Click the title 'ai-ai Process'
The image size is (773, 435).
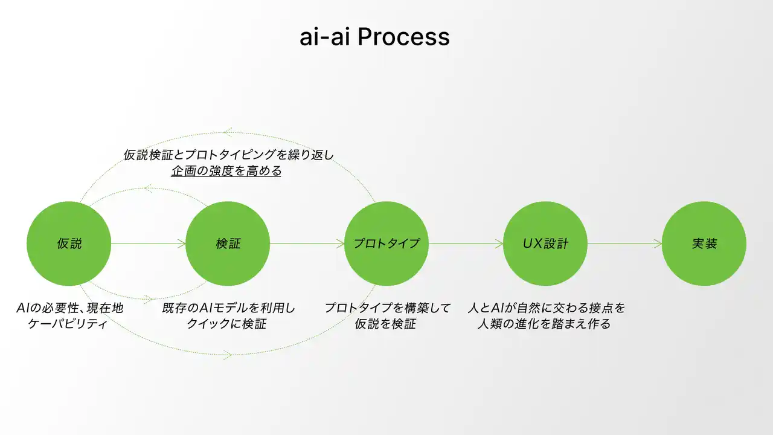pyautogui.click(x=374, y=37)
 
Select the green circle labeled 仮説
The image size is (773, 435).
pyautogui.click(x=69, y=243)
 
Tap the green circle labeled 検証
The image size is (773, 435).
pyautogui.click(x=228, y=243)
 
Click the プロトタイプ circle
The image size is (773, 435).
pyautogui.click(x=386, y=243)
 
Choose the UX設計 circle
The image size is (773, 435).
pyautogui.click(x=545, y=243)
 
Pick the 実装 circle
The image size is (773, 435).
pyautogui.click(x=704, y=243)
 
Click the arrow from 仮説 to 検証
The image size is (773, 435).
pyautogui.click(x=149, y=243)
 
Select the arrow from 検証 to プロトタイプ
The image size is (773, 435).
pyautogui.click(x=307, y=243)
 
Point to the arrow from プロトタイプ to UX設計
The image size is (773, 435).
pyautogui.click(x=466, y=243)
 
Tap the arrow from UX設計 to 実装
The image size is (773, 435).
pyautogui.click(x=624, y=243)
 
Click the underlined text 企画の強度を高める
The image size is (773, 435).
pyautogui.click(x=226, y=171)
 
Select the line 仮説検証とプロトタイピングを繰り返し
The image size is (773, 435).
pyautogui.click(x=229, y=155)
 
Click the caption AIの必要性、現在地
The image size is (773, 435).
pyautogui.click(x=69, y=308)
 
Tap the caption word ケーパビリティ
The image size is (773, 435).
pyautogui.click(x=68, y=324)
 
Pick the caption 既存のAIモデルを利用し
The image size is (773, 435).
pyautogui.click(x=228, y=308)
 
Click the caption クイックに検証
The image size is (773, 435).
pyautogui.click(x=226, y=324)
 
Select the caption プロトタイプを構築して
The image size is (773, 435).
pyautogui.click(x=388, y=308)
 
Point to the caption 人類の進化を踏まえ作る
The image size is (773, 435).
pyautogui.click(x=544, y=324)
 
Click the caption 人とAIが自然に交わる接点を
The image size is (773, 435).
pyautogui.click(x=547, y=308)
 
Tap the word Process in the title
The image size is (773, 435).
pyautogui.click(x=403, y=37)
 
